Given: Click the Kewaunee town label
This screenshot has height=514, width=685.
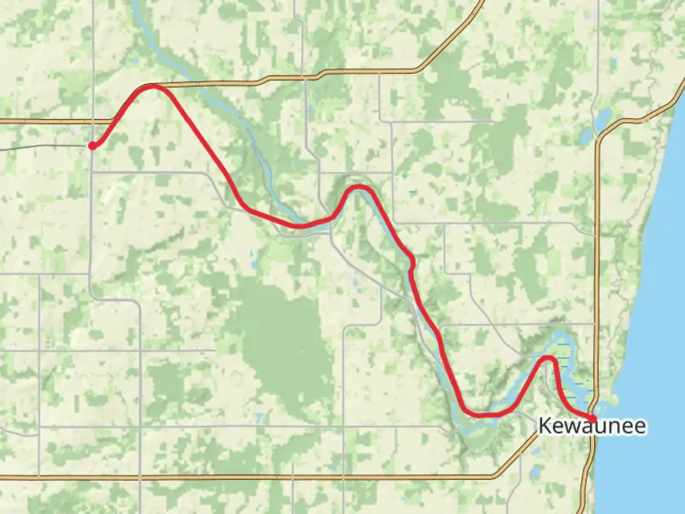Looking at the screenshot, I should pos(592,426).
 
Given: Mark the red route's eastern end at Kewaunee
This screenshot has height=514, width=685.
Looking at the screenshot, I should pos(593,418).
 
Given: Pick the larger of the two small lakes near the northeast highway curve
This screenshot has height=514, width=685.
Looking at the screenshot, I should pos(603,116).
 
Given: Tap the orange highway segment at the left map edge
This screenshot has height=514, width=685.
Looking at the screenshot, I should pos(29,121).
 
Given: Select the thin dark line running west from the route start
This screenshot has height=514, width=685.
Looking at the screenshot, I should pos(43,147).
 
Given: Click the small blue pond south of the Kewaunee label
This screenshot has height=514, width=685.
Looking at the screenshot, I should pos(534,471).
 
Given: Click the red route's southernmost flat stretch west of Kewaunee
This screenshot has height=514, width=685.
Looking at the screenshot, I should pos(485,415).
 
